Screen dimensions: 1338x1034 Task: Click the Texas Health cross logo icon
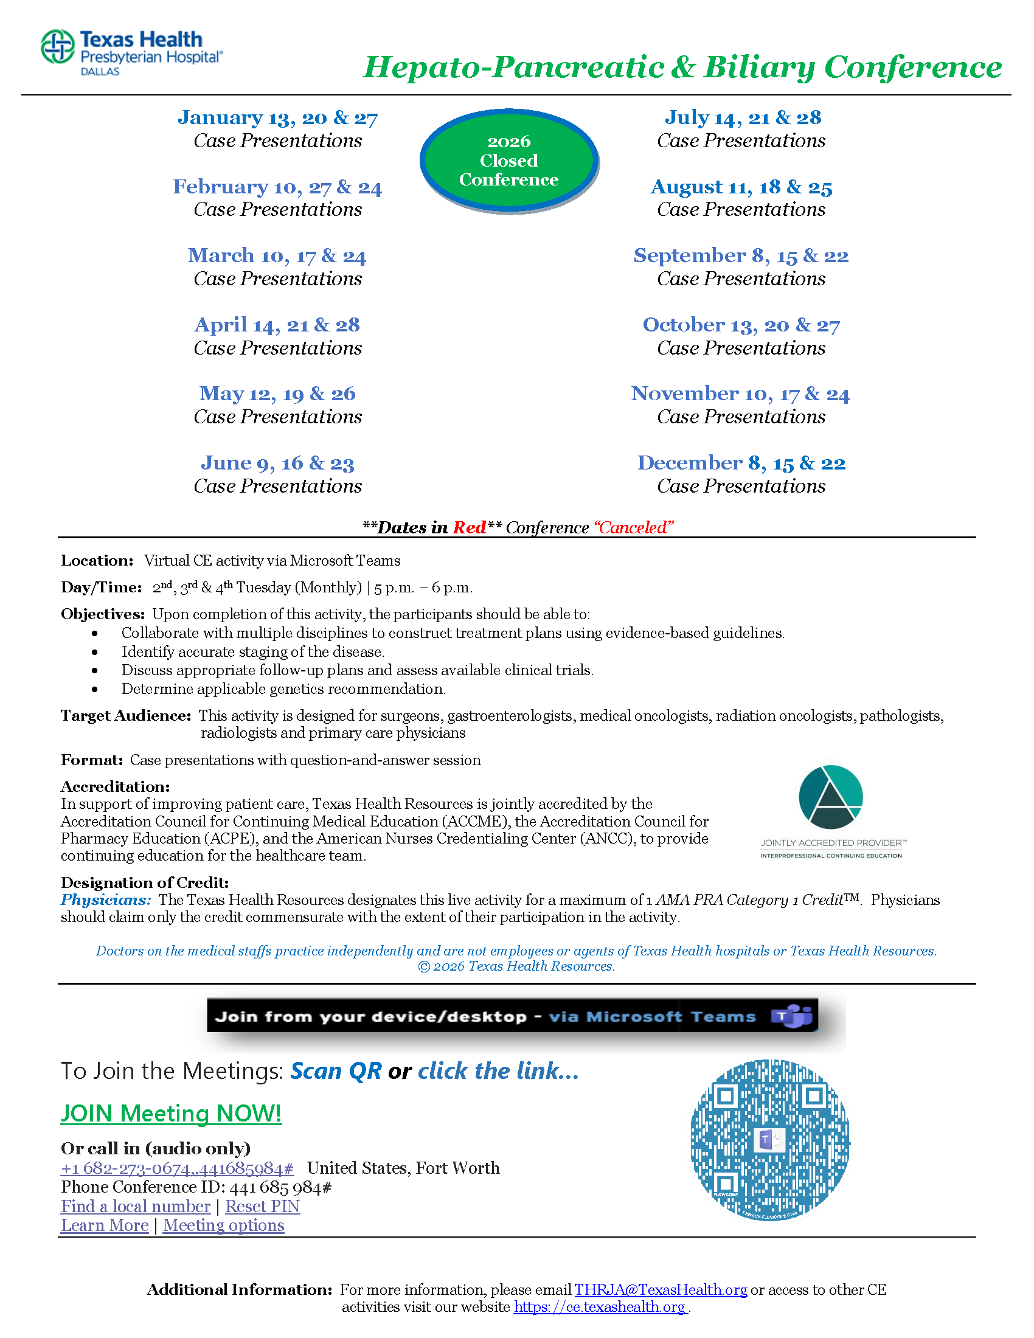point(58,47)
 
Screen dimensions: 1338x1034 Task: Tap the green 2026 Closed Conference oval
point(508,161)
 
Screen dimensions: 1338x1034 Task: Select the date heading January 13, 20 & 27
point(277,117)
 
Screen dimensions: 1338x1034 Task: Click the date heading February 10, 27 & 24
point(277,187)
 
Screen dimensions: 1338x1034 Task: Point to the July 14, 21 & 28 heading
point(743,117)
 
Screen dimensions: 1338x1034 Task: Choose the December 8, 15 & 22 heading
point(741,463)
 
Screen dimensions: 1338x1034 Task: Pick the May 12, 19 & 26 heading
point(277,394)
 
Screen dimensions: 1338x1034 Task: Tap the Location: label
point(97,561)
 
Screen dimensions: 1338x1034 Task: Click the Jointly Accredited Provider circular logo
point(831,797)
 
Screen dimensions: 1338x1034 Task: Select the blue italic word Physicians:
point(105,900)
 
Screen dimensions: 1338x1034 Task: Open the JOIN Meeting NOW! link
point(171,1113)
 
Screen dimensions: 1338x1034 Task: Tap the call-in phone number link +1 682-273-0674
point(177,1168)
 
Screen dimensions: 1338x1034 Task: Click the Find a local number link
point(136,1206)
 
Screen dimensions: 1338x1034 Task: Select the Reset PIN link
point(262,1206)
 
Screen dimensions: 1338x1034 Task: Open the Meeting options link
point(224,1225)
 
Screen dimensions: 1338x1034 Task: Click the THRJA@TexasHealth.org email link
point(661,1289)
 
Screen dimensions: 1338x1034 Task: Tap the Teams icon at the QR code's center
point(769,1140)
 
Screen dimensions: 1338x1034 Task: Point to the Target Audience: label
point(126,716)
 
